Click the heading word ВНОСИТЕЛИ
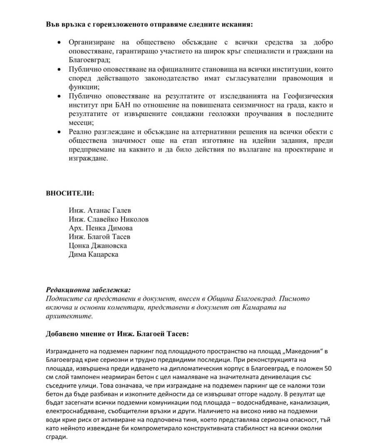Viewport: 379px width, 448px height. coord(70,193)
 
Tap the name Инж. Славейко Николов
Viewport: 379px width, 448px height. coord(109,219)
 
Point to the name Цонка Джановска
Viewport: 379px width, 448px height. coord(98,245)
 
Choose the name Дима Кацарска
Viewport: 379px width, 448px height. coord(94,254)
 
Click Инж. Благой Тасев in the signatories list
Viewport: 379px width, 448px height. coord(100,237)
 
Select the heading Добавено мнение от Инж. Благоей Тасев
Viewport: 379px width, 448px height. coord(119,334)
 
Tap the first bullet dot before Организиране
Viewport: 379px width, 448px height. coord(61,43)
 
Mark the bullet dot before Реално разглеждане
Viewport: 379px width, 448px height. coord(61,132)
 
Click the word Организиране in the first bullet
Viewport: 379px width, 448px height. coord(92,43)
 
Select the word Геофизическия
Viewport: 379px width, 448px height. coord(310,96)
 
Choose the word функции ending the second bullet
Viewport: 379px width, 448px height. coord(83,87)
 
